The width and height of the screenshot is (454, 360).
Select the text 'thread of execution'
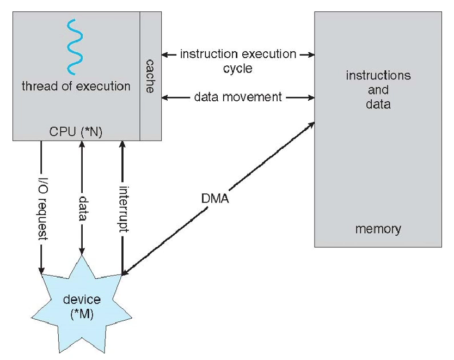pyautogui.click(x=76, y=86)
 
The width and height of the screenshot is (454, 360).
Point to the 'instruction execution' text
pyautogui.click(x=238, y=54)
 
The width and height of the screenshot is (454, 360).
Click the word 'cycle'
pyautogui.click(x=238, y=70)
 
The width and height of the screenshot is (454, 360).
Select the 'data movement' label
pyautogui.click(x=238, y=97)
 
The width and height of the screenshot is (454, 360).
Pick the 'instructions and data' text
pyautogui.click(x=378, y=89)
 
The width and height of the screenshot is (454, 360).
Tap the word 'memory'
pyautogui.click(x=378, y=229)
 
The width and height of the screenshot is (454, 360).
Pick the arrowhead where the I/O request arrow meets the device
pyautogui.click(x=41, y=271)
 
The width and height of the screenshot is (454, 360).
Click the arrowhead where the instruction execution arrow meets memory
pyautogui.click(x=312, y=54)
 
